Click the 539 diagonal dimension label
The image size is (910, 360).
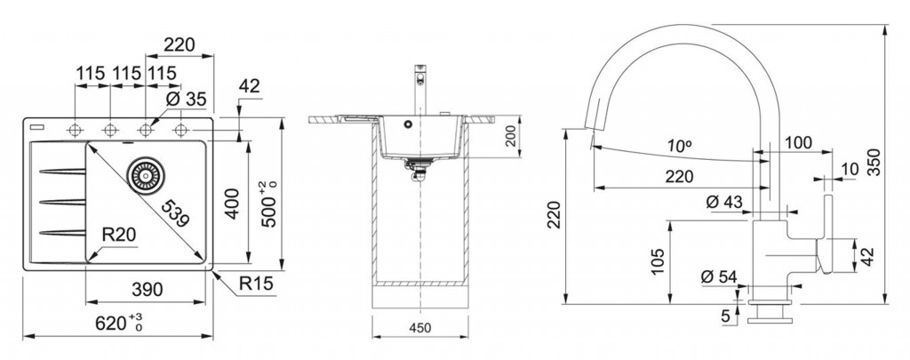[175, 212]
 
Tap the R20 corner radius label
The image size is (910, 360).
[118, 235]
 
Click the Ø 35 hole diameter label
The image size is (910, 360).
[186, 100]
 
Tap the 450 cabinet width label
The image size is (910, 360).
[419, 327]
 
